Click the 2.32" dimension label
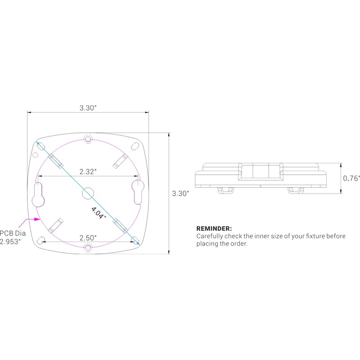tap(88, 171)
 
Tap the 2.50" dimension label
tap(88, 238)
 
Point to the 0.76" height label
tap(351, 178)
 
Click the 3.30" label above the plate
tap(88, 108)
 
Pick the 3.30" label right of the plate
tap(180, 193)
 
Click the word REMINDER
tap(214, 229)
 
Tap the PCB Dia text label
tap(13, 233)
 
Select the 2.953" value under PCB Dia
tap(10, 242)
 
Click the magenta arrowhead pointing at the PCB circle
tap(37, 219)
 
